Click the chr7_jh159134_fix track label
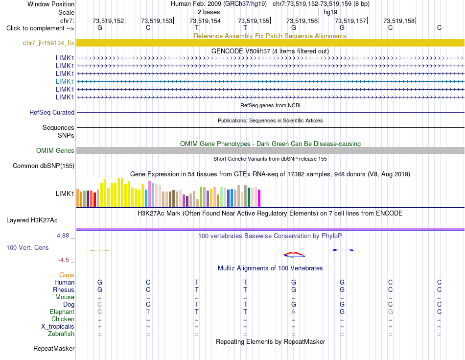point(48,43)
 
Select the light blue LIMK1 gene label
point(65,81)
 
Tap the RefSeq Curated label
point(52,113)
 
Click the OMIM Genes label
point(55,150)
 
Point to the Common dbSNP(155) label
point(43,166)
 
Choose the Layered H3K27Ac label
point(32,220)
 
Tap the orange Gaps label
point(67,275)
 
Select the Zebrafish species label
point(61,334)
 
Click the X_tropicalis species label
point(58,327)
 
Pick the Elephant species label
point(62,312)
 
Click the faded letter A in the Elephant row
point(293,312)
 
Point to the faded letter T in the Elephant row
point(148,312)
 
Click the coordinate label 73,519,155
point(254,21)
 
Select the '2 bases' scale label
point(209,12)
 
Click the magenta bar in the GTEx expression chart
point(259,198)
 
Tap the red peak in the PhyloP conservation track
point(293,253)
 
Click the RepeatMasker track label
point(54,348)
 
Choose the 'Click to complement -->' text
point(40,28)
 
